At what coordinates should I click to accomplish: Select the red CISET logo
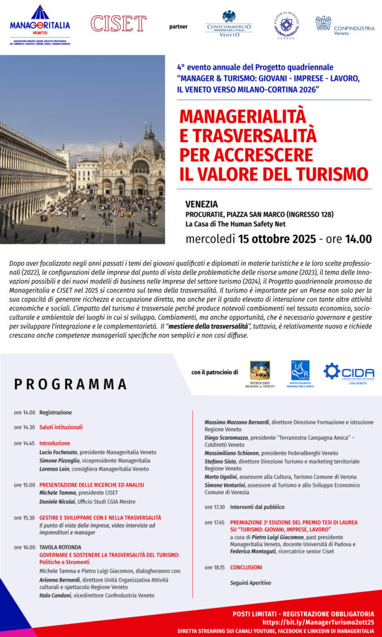(x=118, y=24)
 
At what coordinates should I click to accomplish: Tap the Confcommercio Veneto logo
(x=228, y=25)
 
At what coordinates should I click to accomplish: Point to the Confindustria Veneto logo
(x=344, y=26)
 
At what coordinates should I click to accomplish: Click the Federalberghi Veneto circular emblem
(x=286, y=25)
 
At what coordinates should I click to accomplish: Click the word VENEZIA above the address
(x=202, y=203)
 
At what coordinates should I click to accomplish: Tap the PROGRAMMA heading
(x=70, y=384)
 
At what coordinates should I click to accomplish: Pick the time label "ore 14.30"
(x=24, y=427)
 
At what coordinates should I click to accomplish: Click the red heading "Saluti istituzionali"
(x=61, y=427)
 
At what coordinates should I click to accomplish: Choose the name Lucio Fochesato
(x=60, y=452)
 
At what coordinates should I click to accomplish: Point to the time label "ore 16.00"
(x=24, y=547)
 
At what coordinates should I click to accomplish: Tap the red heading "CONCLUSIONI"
(x=246, y=567)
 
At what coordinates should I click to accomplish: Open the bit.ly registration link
(x=318, y=621)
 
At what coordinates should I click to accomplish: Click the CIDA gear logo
(x=348, y=372)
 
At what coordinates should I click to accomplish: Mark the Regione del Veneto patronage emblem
(x=259, y=371)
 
